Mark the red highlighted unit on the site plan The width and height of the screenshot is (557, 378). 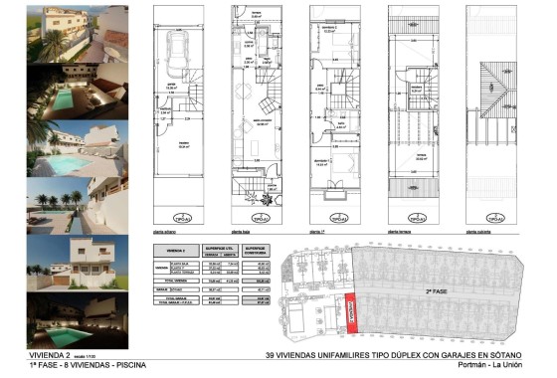click(350, 314)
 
